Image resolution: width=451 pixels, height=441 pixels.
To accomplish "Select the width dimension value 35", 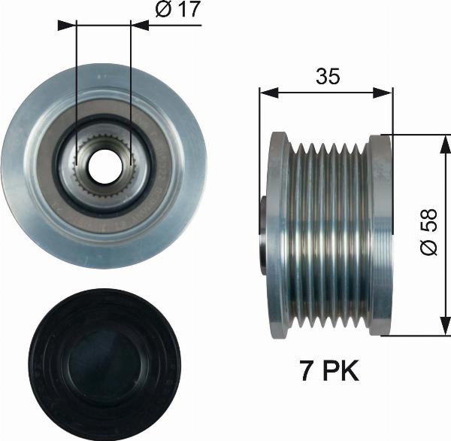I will click(x=327, y=76).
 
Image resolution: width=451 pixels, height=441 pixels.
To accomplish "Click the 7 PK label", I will click(x=325, y=370).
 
